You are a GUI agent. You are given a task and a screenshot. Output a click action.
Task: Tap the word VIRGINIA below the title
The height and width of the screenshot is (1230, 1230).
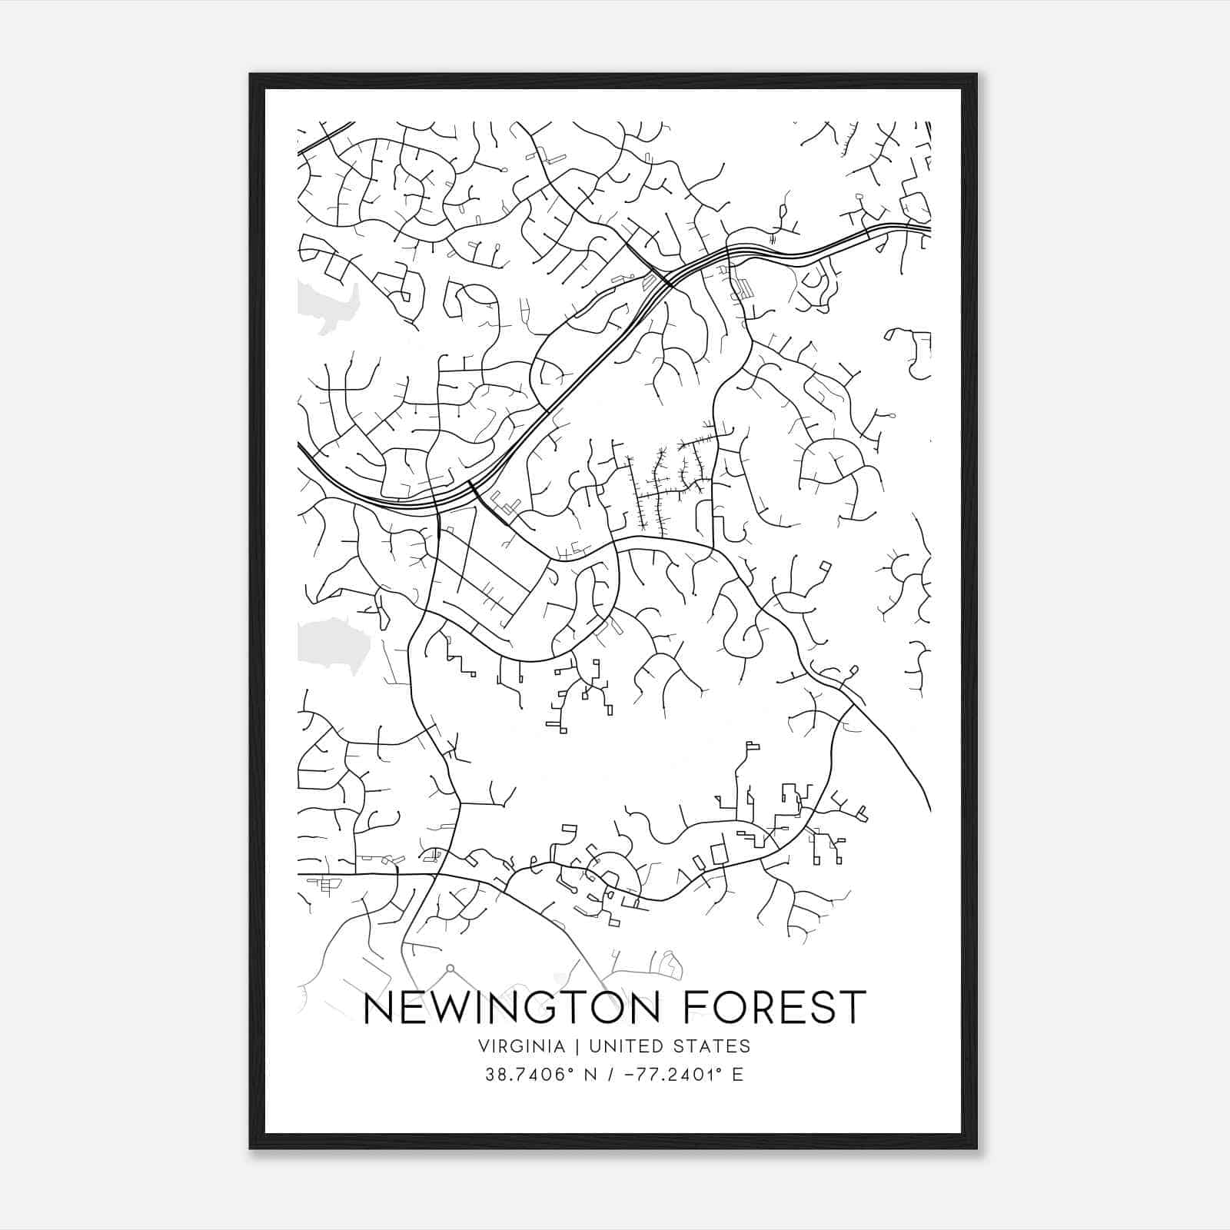(522, 1046)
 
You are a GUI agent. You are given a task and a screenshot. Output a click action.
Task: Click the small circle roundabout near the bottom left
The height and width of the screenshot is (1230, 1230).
(451, 968)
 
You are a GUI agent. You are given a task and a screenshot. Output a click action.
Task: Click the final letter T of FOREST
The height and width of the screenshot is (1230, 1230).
(854, 1008)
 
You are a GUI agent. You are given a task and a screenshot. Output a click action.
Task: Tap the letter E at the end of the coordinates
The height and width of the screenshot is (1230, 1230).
(738, 1075)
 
